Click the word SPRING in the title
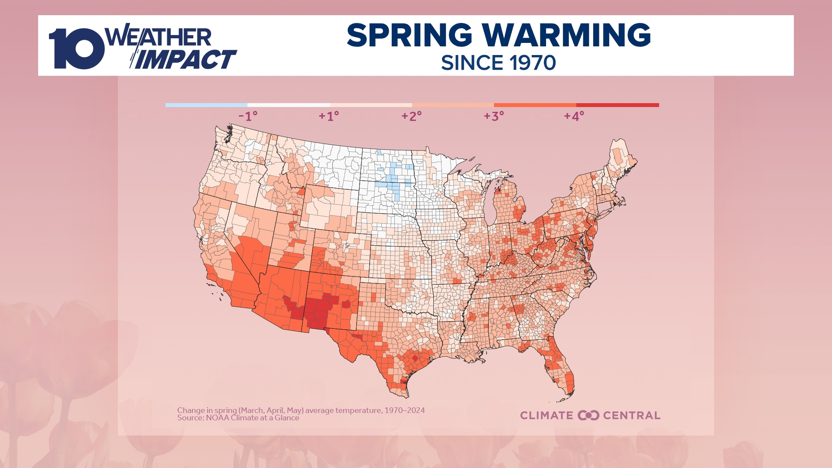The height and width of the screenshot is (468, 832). click(409, 36)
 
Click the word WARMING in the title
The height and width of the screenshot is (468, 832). click(566, 36)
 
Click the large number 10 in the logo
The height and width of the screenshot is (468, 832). click(76, 49)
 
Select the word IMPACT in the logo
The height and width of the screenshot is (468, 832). click(186, 60)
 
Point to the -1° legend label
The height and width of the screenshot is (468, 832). click(248, 116)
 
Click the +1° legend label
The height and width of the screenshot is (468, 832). click(329, 116)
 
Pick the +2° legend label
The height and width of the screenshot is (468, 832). click(411, 116)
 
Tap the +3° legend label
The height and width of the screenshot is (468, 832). click(494, 116)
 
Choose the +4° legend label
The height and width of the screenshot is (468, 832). click(574, 116)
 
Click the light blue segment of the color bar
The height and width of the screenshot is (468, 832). click(206, 105)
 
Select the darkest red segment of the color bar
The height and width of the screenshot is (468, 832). click(617, 105)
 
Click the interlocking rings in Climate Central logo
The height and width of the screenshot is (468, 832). click(588, 415)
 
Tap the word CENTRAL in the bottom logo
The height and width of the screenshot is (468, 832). click(631, 415)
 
